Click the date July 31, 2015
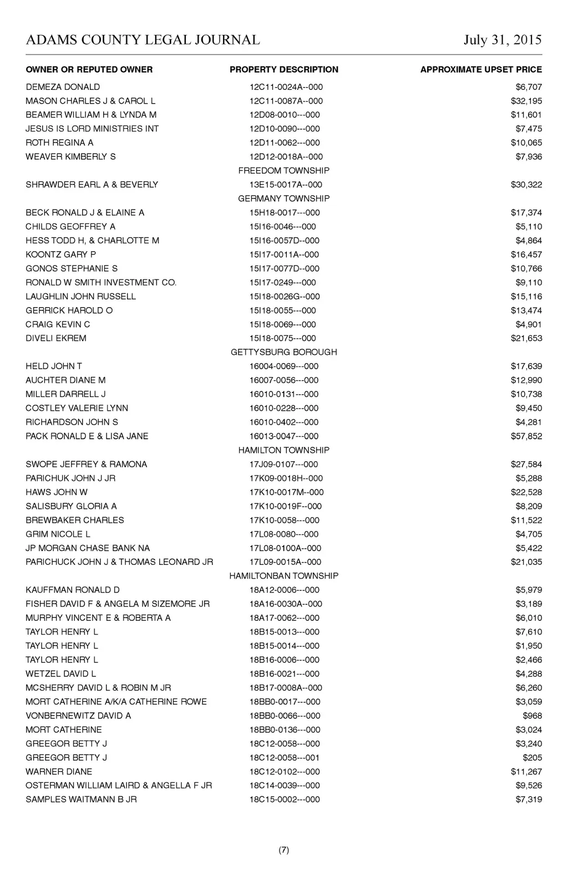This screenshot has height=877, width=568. click(x=502, y=40)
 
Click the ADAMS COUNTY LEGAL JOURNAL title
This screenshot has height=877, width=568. click(x=143, y=40)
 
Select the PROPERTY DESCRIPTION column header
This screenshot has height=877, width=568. click(x=283, y=70)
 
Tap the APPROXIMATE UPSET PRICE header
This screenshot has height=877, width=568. click(x=481, y=70)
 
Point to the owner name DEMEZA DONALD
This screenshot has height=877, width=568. click(x=63, y=87)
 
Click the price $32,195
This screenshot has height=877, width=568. click(x=526, y=101)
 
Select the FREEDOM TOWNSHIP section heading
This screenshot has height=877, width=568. click(x=283, y=171)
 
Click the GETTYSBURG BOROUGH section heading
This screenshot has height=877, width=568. click(x=283, y=352)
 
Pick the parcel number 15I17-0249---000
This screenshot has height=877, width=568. click(x=282, y=283)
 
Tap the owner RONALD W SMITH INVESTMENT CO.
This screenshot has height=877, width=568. click(x=101, y=283)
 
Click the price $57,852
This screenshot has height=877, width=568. click(x=526, y=436)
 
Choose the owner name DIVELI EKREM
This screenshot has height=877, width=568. click(x=56, y=338)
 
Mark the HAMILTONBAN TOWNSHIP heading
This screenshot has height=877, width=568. click(x=283, y=576)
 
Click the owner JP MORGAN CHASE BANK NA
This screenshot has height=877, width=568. click(x=88, y=548)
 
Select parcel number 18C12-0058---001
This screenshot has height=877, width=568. click(x=284, y=758)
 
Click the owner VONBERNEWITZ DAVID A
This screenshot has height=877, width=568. click(x=78, y=716)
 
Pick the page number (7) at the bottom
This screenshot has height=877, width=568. click(x=283, y=850)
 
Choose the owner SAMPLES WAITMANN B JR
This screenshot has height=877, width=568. click(x=81, y=799)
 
